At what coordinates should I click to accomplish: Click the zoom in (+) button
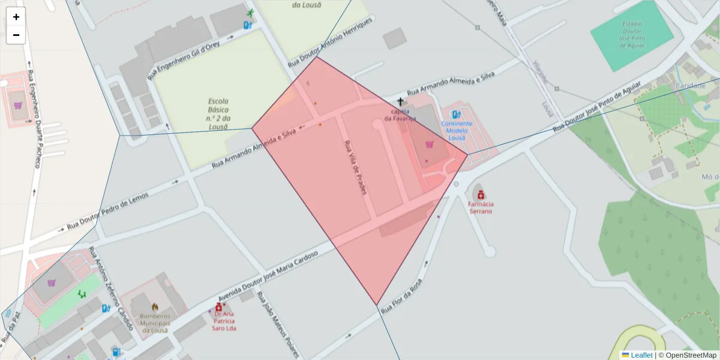tap(16, 17)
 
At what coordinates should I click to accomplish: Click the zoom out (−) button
tap(16, 35)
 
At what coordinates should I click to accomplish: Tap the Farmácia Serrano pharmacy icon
tap(481, 194)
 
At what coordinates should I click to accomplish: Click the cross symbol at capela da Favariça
tap(400, 102)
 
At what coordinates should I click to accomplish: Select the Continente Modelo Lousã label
tap(457, 130)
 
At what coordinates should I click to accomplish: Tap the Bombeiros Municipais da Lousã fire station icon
tap(155, 307)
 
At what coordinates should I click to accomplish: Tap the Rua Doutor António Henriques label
tap(331, 41)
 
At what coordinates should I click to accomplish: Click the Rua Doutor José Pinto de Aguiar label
tap(606, 106)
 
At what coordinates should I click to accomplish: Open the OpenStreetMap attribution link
tap(691, 355)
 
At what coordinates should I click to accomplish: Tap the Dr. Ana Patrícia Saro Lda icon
tap(218, 307)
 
